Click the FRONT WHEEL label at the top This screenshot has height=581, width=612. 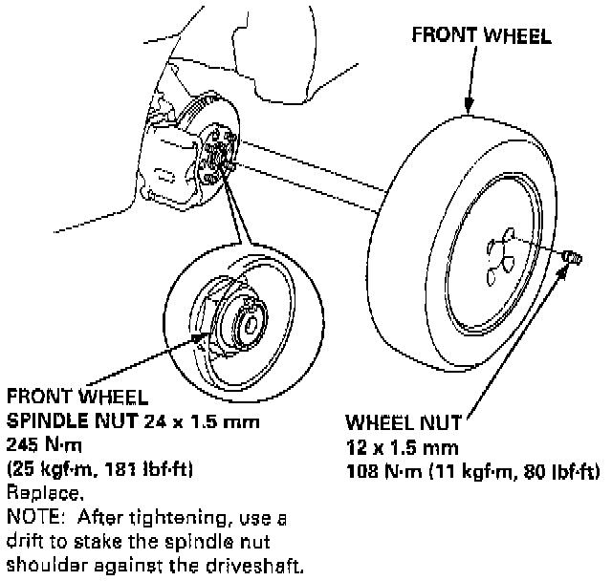[481, 36]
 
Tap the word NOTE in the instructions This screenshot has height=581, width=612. [30, 517]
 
